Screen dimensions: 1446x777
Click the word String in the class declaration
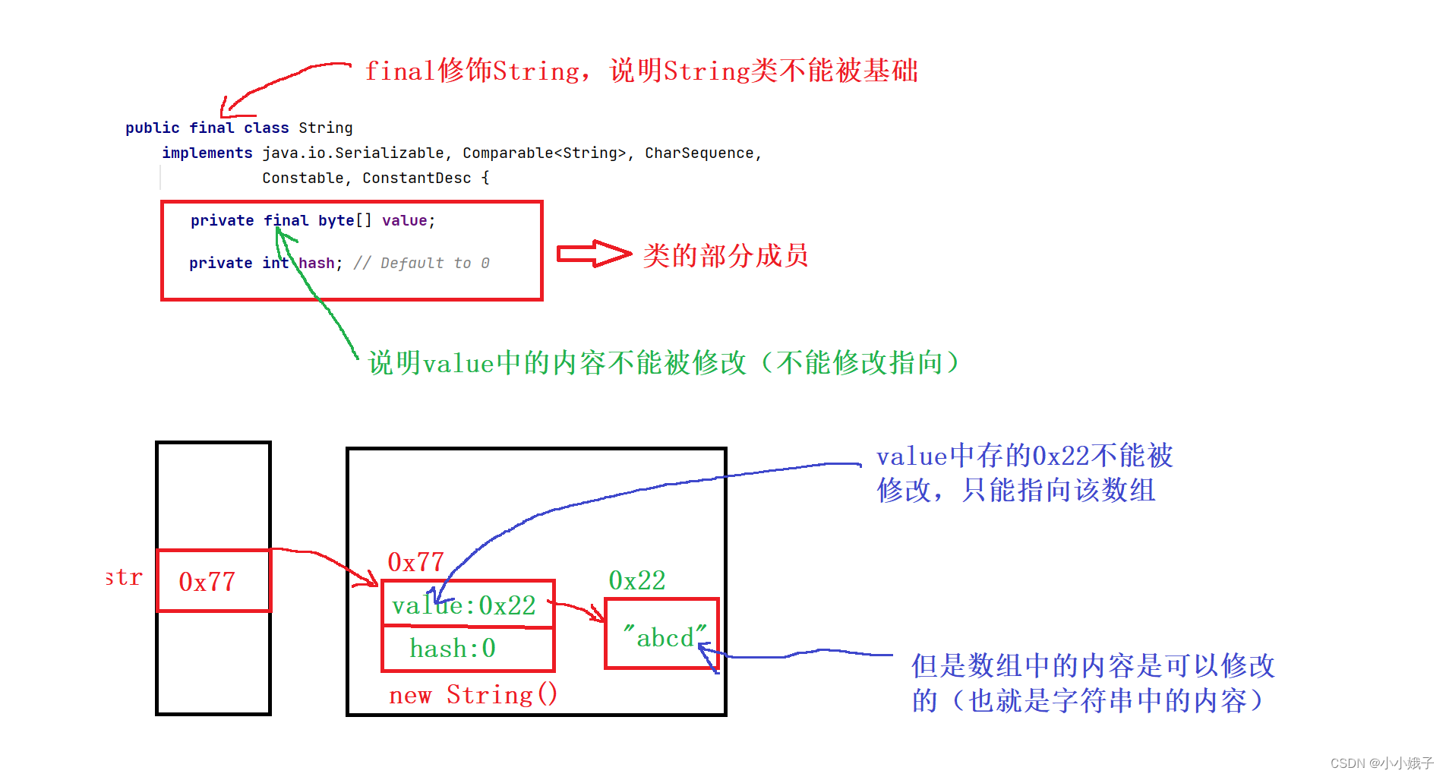(x=325, y=128)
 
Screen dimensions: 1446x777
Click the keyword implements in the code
(x=207, y=153)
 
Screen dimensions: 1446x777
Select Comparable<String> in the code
(x=545, y=153)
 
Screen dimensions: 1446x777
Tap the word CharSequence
(x=699, y=153)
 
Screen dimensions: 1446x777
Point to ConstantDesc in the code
(x=416, y=178)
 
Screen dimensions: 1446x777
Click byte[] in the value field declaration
(x=345, y=220)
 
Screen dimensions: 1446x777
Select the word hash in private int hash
(x=316, y=263)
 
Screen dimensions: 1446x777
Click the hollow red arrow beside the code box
(x=593, y=254)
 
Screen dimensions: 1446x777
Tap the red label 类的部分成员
(x=725, y=255)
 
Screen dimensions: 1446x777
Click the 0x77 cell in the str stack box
(x=213, y=581)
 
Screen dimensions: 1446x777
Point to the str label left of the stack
(x=124, y=577)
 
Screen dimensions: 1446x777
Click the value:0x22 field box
(x=468, y=605)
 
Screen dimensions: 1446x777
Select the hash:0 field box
(x=468, y=649)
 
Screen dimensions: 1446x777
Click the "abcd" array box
(x=661, y=634)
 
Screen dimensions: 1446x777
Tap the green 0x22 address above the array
(x=636, y=580)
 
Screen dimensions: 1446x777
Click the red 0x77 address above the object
(x=415, y=562)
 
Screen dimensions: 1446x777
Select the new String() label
(x=472, y=694)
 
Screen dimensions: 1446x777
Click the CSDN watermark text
(x=1381, y=763)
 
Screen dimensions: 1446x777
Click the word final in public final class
(x=211, y=128)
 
